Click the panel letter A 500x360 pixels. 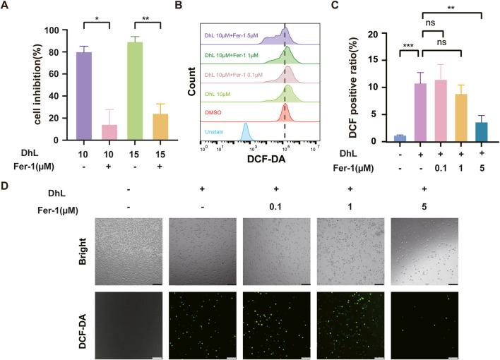coord(6,6)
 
